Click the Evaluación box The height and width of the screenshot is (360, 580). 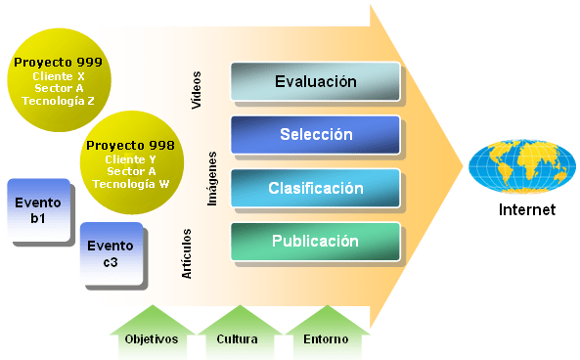pos(315,82)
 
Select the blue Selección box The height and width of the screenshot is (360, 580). pos(315,134)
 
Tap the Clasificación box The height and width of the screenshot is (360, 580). pos(315,188)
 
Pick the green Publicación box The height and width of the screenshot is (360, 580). pos(315,241)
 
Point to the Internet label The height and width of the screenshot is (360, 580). pos(526,209)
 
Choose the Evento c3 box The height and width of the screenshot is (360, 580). pos(112,252)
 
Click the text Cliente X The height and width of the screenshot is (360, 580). pos(59,75)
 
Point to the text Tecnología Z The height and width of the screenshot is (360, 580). pos(59,100)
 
